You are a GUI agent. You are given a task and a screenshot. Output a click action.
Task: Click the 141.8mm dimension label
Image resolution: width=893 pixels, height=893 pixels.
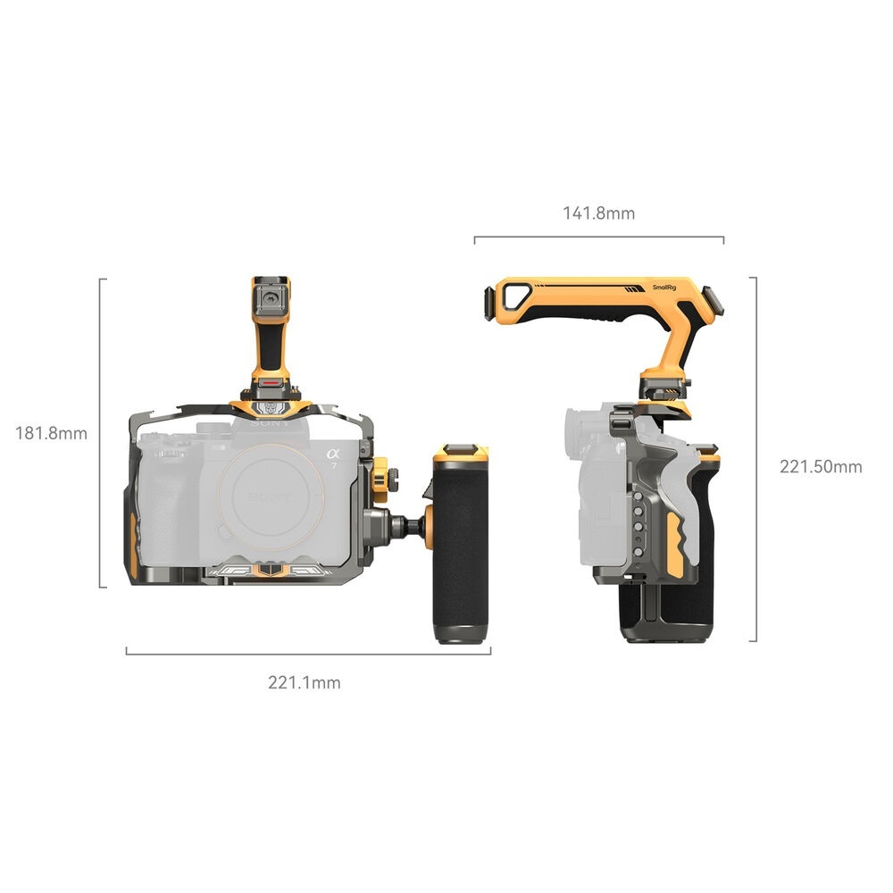coord(598,213)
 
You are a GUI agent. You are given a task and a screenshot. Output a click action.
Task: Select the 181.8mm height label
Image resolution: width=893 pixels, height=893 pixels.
coord(51,433)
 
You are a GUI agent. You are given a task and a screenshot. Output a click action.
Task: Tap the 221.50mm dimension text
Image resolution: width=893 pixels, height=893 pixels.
coord(821,467)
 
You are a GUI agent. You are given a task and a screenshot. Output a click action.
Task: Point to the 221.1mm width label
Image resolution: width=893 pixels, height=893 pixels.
coord(305,682)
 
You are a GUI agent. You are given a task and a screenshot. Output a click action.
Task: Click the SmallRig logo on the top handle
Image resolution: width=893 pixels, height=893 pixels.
coord(664,288)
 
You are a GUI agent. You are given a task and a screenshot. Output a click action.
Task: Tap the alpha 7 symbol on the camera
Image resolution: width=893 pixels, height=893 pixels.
coord(332,456)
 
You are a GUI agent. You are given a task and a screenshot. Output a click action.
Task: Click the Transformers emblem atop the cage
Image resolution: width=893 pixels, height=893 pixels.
coord(270,407)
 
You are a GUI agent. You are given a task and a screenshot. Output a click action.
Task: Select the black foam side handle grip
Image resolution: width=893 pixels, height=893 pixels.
coord(461,538)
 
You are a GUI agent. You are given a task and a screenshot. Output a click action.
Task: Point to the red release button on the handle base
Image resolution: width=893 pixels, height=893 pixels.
coord(271,383)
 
